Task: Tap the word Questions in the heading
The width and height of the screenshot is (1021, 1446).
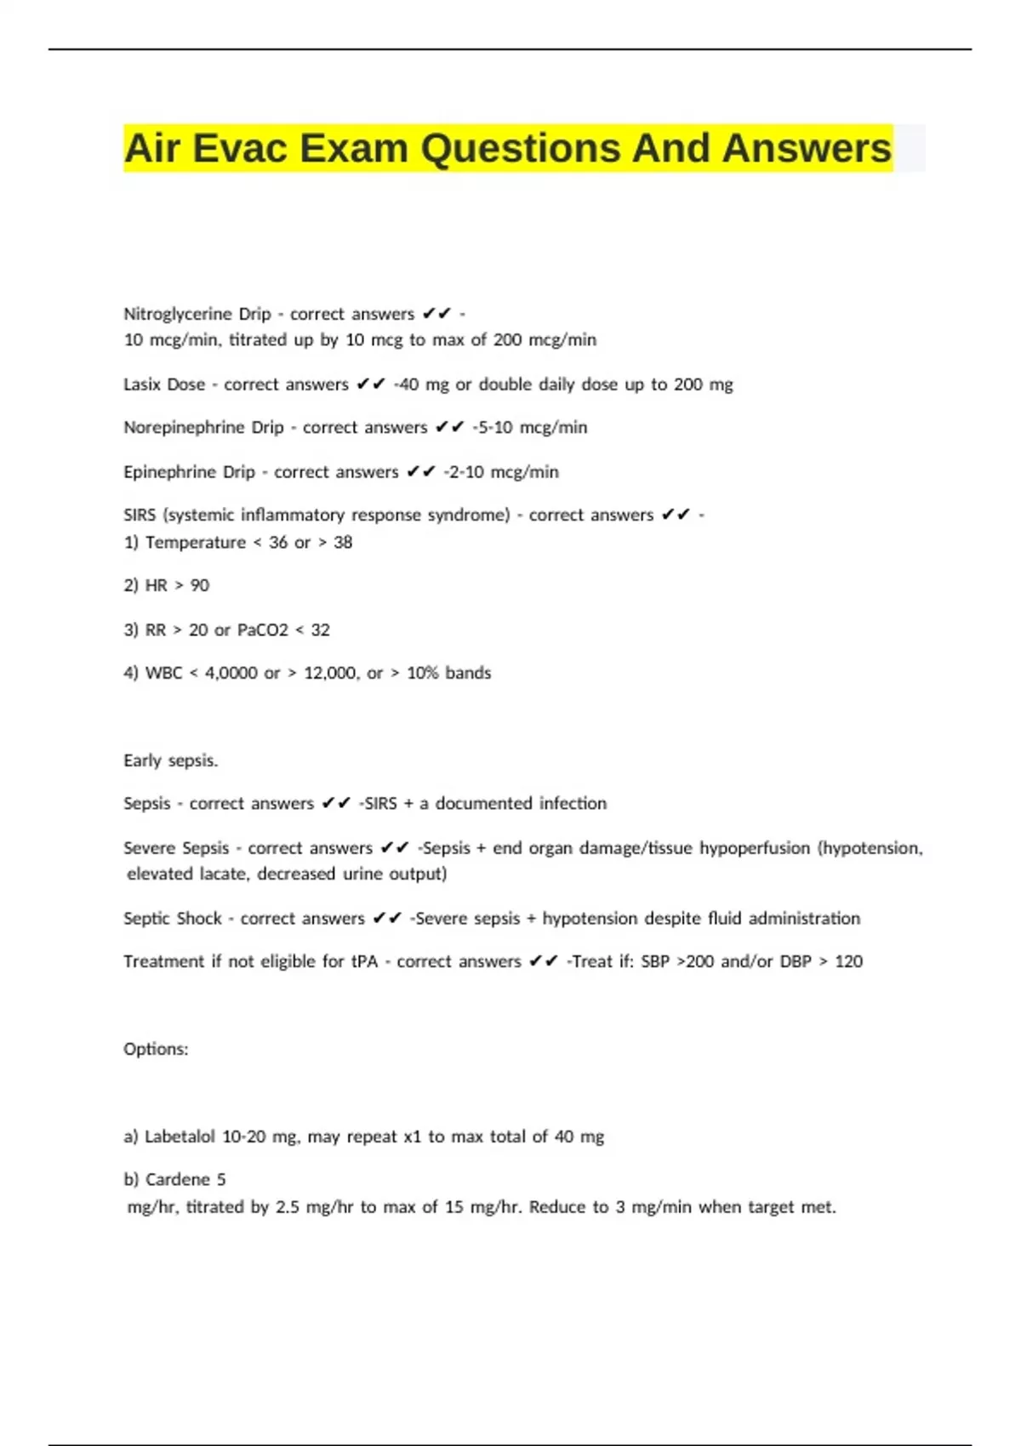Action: [x=519, y=149]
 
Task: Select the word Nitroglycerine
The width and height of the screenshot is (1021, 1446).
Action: [x=177, y=314]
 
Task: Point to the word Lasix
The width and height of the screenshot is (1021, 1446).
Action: [x=142, y=384]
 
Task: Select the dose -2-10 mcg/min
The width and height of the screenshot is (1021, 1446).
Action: [x=502, y=472]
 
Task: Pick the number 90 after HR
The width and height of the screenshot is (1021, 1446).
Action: [x=200, y=586]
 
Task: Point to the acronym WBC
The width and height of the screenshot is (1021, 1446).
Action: [x=164, y=673]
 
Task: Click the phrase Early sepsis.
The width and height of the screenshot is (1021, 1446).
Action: [x=171, y=760]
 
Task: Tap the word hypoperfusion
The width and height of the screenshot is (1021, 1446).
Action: [x=753, y=848]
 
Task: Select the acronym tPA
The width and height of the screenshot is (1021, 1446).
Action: [x=364, y=962]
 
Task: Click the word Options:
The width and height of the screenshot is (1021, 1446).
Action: [x=156, y=1050]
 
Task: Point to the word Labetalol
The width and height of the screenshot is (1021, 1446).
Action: [x=180, y=1137]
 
